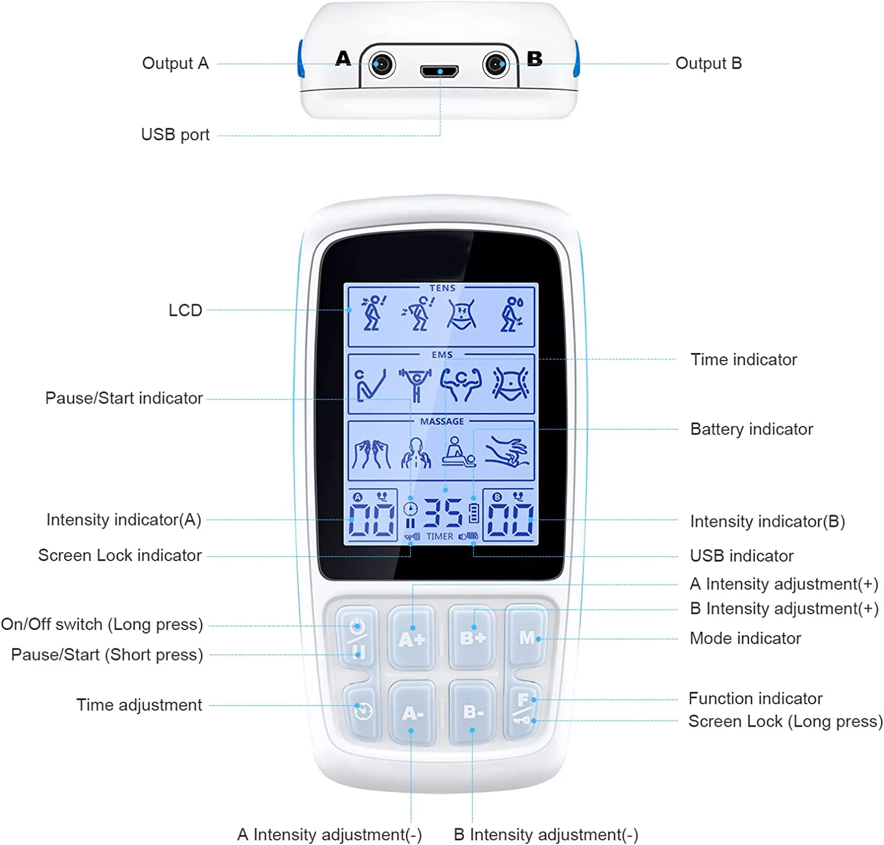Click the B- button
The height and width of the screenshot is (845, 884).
click(x=472, y=711)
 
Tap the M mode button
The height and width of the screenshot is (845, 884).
click(x=527, y=637)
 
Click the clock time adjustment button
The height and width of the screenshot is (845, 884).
click(x=362, y=710)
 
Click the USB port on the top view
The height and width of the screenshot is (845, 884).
click(x=440, y=71)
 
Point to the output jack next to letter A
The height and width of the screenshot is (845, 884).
click(x=382, y=64)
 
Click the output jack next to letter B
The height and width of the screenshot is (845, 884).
click(x=496, y=64)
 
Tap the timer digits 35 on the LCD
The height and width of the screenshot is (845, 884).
click(x=443, y=513)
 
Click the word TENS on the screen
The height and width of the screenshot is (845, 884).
click(x=442, y=288)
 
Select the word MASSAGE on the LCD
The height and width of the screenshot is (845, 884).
click(x=442, y=421)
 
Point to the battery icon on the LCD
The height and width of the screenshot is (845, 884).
click(x=473, y=513)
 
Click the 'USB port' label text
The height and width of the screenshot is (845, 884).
click(x=175, y=135)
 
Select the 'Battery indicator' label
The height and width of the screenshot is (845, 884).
click(x=751, y=429)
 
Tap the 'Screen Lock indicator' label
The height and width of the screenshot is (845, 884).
click(x=120, y=555)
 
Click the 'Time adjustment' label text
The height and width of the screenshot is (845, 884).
click(x=139, y=705)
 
